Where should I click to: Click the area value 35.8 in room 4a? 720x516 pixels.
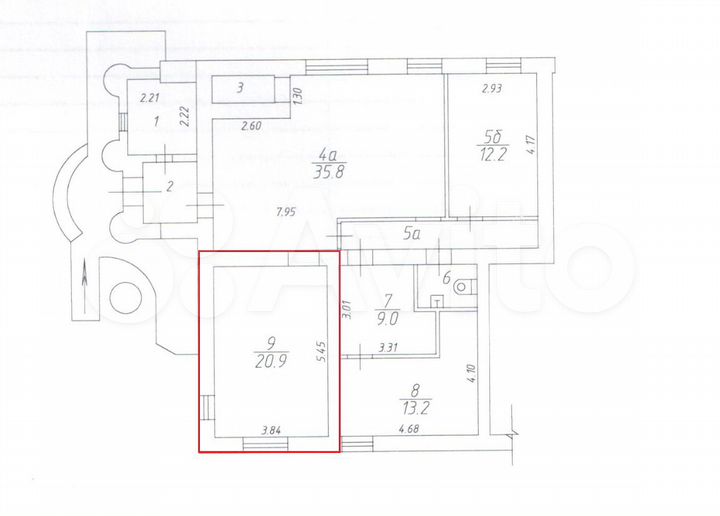point(328,171)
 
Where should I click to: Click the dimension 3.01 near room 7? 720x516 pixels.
point(344,310)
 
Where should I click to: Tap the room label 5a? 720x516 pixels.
point(412,236)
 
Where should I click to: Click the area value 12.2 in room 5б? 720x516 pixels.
point(491,156)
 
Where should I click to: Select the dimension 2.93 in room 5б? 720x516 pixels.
point(491,89)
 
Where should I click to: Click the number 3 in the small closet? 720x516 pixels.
point(240,89)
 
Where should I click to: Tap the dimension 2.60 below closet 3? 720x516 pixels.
point(251,125)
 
